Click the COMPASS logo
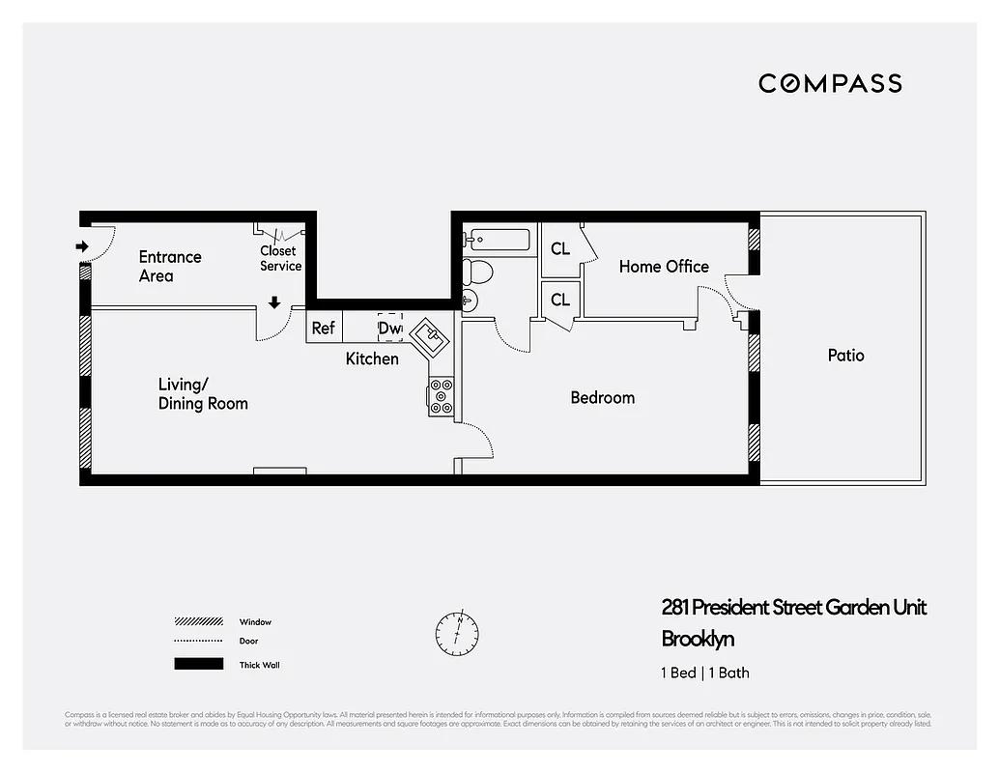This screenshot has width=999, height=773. [830, 83]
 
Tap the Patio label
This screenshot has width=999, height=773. [845, 356]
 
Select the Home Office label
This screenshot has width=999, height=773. [664, 267]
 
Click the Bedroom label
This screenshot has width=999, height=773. [602, 397]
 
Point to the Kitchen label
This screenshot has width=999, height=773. [372, 358]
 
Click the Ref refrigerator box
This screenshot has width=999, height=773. [323, 329]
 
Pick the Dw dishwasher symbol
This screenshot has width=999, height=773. [389, 328]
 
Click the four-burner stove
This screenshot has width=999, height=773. [442, 397]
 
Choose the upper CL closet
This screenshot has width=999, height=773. [560, 249]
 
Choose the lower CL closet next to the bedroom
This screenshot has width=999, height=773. [560, 301]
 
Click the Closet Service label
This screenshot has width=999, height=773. [280, 259]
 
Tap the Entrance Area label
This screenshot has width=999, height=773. [170, 267]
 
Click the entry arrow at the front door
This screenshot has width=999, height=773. [82, 247]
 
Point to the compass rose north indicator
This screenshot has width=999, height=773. [457, 631]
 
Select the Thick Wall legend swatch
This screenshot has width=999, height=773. [197, 665]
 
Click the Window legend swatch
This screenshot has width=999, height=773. [197, 622]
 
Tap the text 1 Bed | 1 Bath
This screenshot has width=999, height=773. [705, 673]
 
